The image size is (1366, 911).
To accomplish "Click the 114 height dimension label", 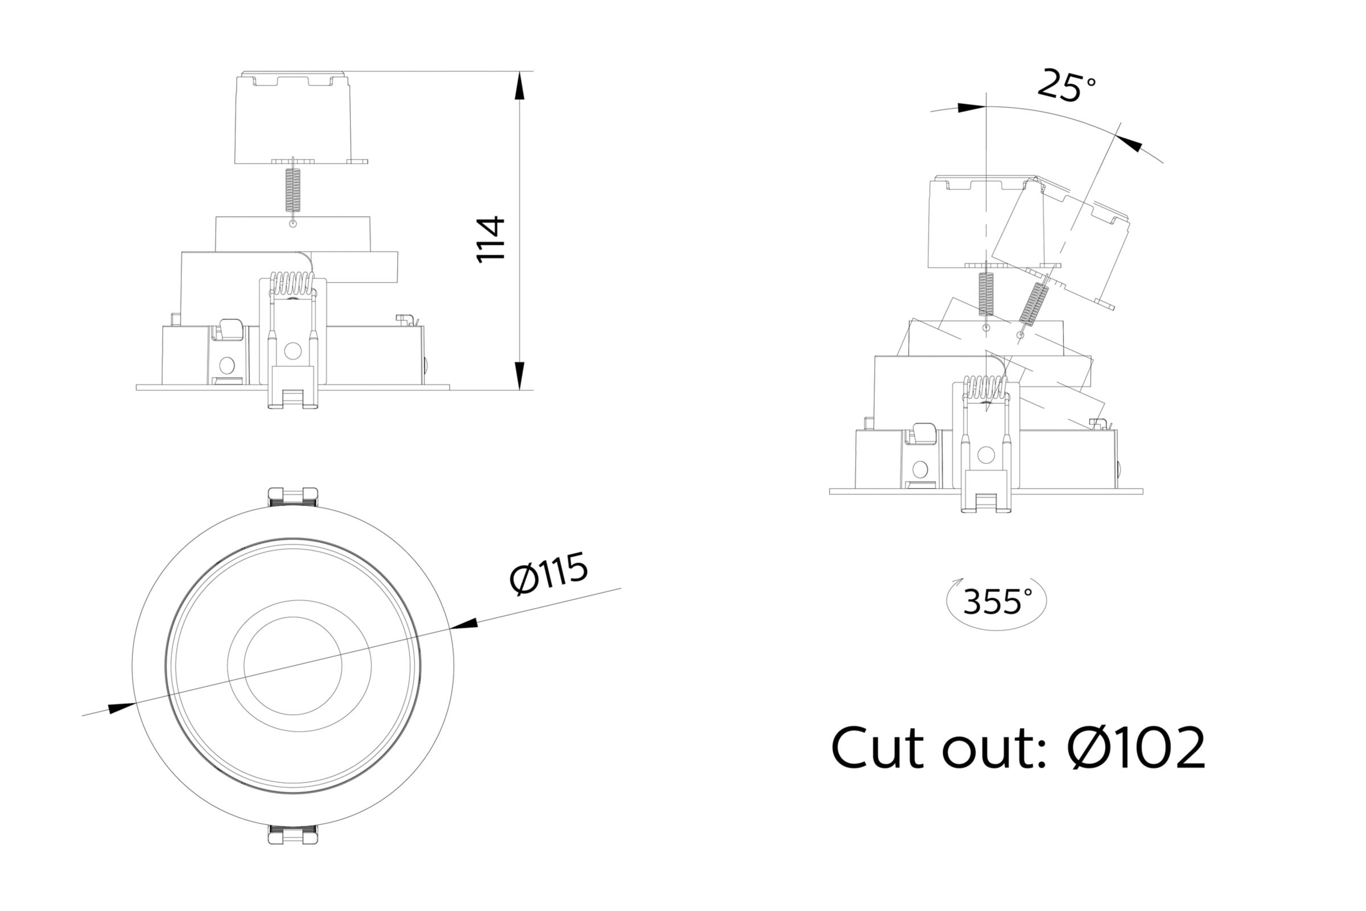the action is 491,240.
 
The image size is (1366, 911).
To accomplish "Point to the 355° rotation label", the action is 997,602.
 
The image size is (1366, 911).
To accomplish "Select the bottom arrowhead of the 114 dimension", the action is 520,376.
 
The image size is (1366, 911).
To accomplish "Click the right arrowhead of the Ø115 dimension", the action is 464,624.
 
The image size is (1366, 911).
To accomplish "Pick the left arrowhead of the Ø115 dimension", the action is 122,708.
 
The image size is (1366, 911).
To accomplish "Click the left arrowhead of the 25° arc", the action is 972,108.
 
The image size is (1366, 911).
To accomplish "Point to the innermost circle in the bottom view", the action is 293,666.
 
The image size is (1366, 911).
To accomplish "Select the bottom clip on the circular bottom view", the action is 293,835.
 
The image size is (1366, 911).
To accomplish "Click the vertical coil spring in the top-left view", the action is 293,190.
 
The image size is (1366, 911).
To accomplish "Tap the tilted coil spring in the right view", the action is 1033,304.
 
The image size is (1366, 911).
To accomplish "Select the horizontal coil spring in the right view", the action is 985,386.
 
